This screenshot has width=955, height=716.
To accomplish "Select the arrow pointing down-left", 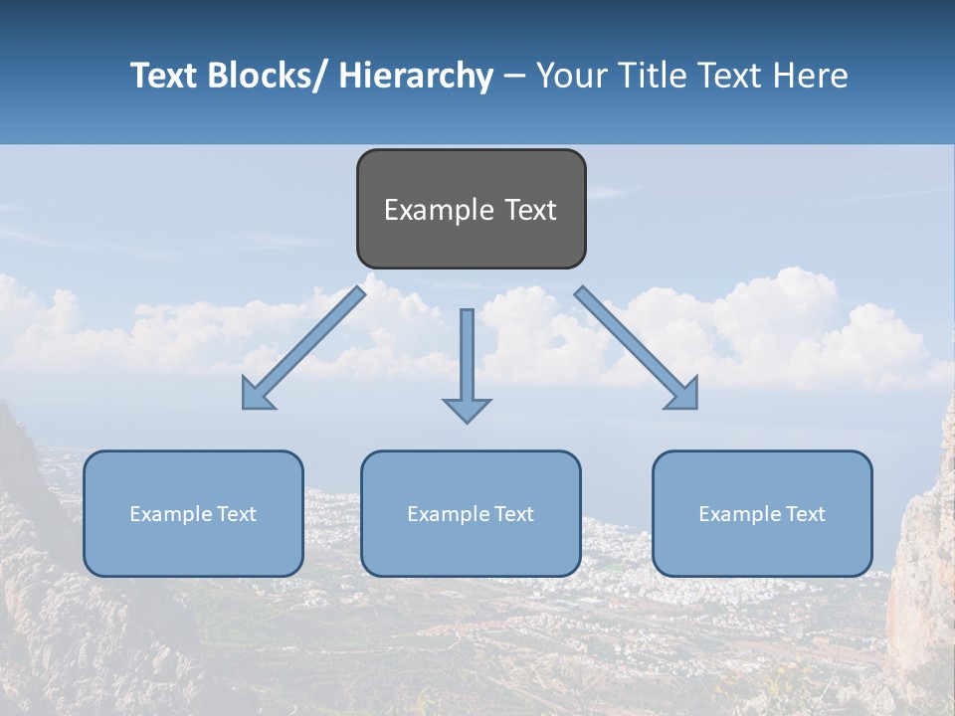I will (x=304, y=348).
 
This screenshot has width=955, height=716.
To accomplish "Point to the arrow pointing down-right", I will (x=637, y=348).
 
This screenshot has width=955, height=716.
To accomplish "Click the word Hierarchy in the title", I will (x=415, y=76).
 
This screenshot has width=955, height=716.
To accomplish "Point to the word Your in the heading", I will (x=570, y=76).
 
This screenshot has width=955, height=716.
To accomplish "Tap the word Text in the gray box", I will (x=530, y=210).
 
